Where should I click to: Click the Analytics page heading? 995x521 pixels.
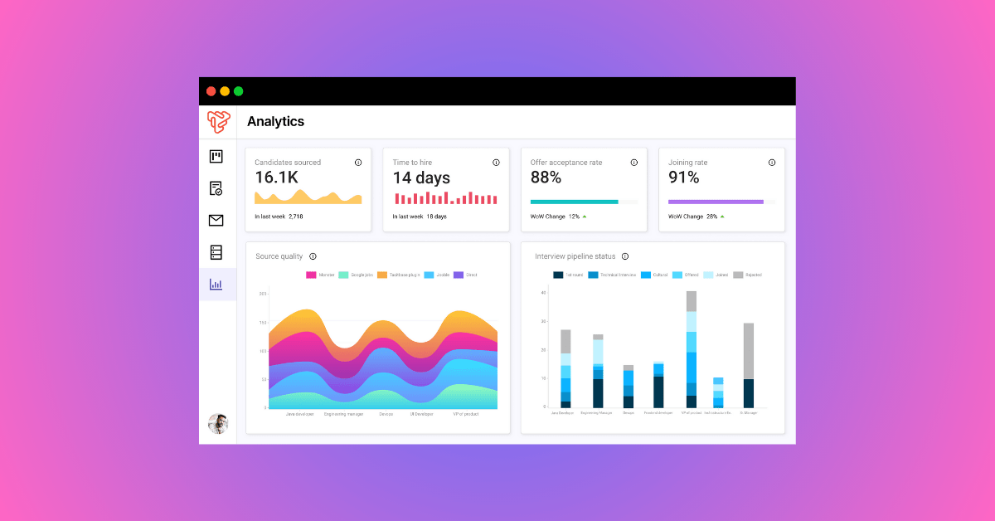coord(275,122)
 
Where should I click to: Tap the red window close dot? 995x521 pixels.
coord(211,91)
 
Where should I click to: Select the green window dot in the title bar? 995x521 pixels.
coord(239,91)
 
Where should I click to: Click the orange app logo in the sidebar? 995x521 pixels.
coord(217,122)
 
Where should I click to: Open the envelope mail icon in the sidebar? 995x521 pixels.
coord(216,220)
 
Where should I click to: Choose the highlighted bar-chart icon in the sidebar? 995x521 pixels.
coord(216,285)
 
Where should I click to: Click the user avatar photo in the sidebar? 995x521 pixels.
coord(217,423)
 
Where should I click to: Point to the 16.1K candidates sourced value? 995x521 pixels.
coord(276,178)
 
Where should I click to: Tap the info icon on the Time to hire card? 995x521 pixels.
coord(496,163)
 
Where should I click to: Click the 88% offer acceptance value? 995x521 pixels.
coord(546,178)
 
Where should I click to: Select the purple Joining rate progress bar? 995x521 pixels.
coord(716,202)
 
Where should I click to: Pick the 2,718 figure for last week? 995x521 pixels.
coord(295,217)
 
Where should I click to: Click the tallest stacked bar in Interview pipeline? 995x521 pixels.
coord(692,348)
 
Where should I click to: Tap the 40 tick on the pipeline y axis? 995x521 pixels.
coord(543,293)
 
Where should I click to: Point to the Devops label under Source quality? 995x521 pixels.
coord(386,414)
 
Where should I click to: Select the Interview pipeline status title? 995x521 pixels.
coord(575,256)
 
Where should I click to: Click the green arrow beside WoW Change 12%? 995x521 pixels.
coord(584,217)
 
